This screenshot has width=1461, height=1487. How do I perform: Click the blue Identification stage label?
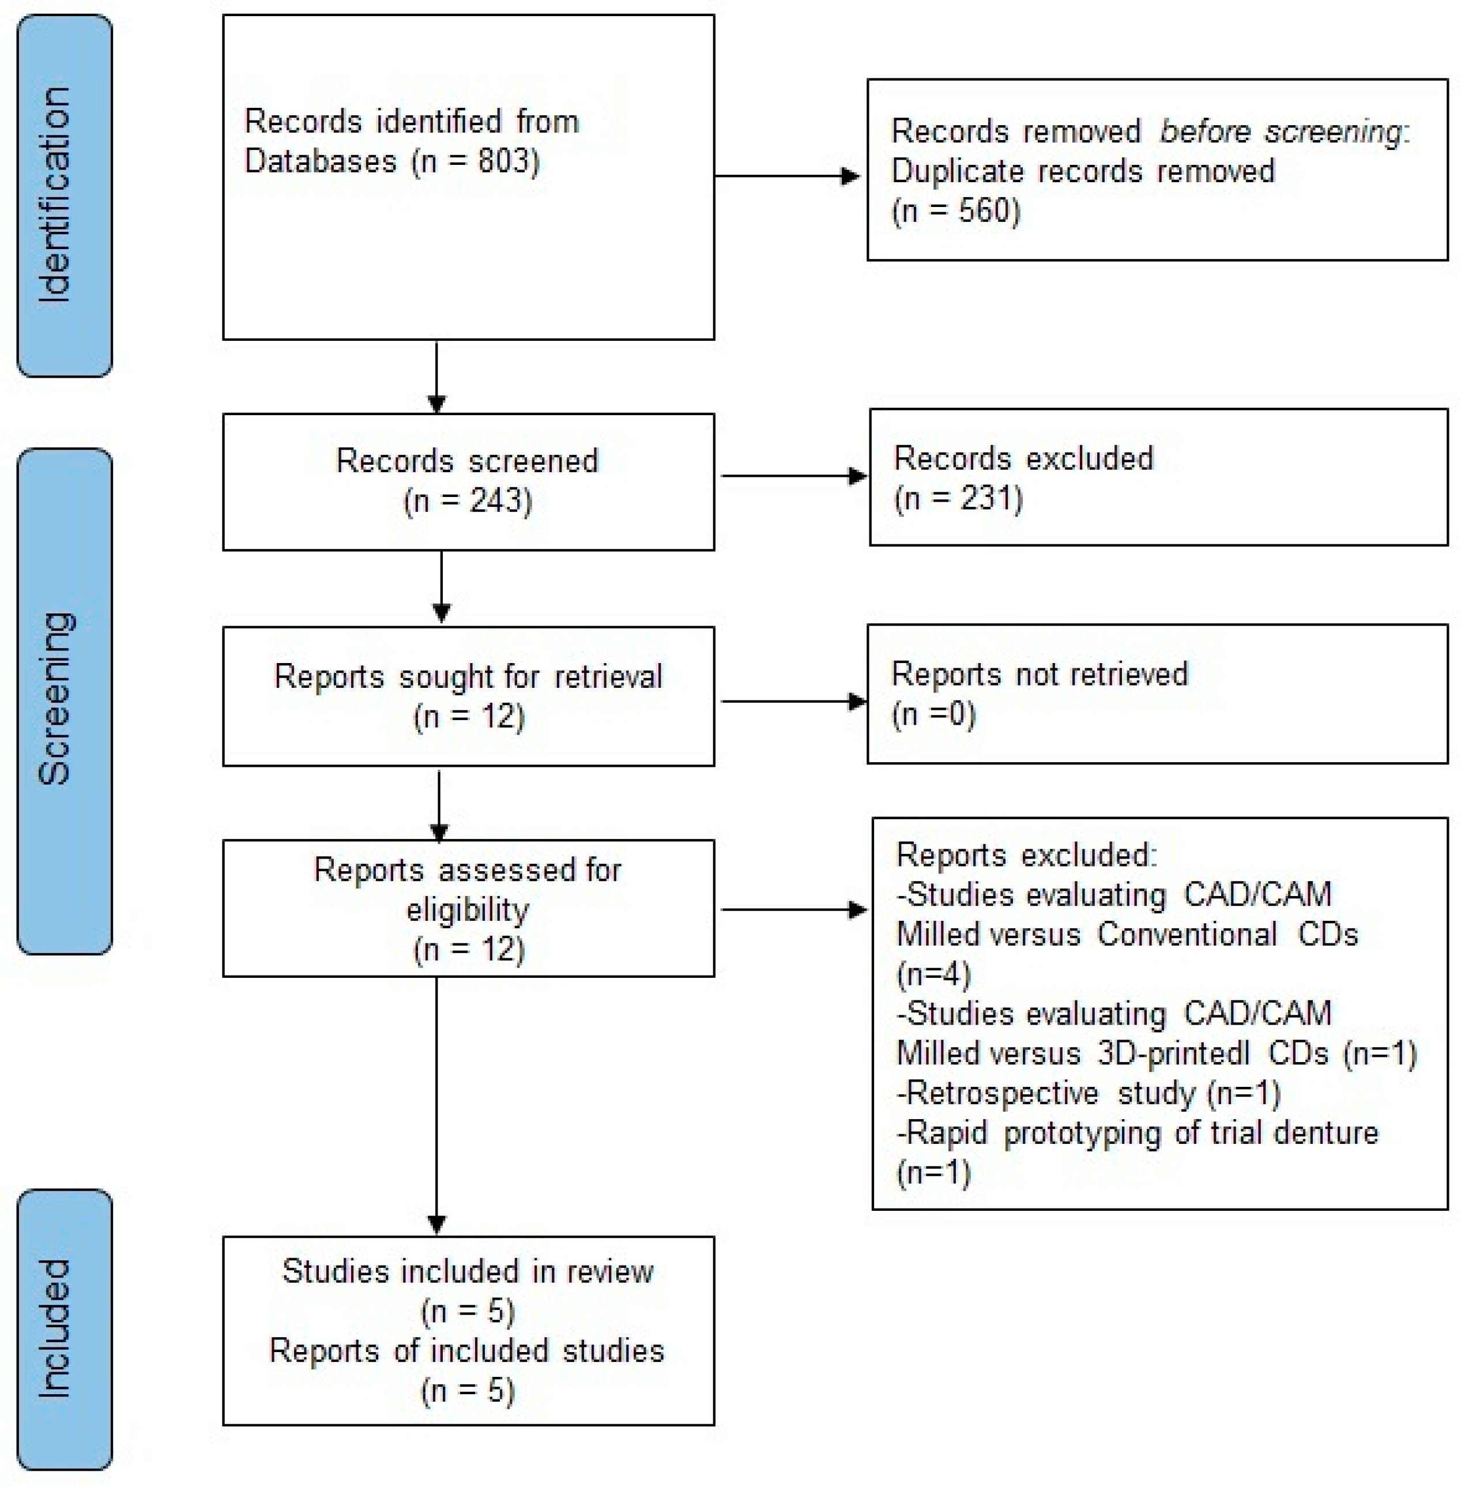coord(65,195)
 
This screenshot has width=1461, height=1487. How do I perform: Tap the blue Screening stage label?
coord(65,701)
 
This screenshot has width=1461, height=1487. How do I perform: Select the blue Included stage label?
coord(65,1328)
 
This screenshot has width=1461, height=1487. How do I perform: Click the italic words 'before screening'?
coord(1283,131)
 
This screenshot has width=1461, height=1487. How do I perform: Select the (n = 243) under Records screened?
coord(468,501)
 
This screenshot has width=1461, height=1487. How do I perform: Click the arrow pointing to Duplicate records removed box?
coord(786,176)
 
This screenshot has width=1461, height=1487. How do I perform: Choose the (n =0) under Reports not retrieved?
coord(933,714)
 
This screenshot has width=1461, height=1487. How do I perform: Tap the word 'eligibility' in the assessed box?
coord(468,910)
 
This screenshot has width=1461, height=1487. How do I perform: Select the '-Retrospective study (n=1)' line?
coord(1087,1093)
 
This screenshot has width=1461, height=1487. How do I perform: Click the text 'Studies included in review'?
coord(468,1271)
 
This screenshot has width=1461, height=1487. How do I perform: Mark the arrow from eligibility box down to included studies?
coord(436,1105)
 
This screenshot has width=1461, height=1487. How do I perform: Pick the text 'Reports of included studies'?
coord(468,1351)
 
